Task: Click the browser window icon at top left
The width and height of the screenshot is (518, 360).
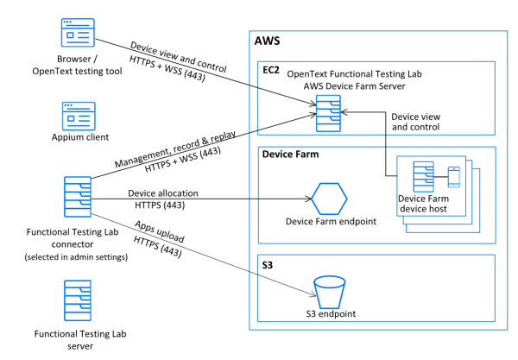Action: click(x=78, y=34)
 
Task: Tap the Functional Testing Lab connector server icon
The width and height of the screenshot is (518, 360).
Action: click(x=78, y=199)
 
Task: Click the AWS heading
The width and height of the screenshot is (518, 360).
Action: click(x=268, y=41)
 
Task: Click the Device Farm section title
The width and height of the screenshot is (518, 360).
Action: click(x=289, y=155)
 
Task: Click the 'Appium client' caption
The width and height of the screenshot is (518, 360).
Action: click(x=78, y=145)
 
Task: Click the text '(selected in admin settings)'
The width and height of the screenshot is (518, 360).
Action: click(x=78, y=256)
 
